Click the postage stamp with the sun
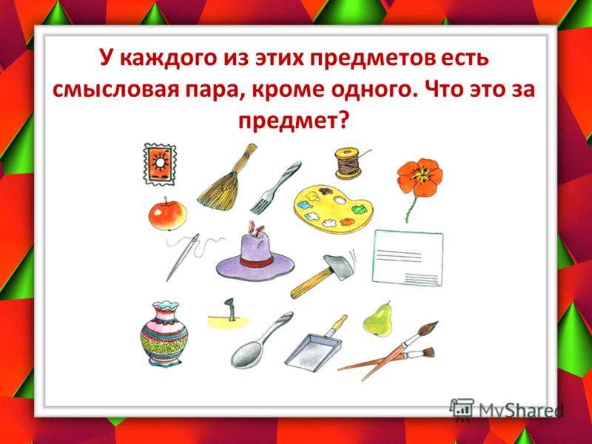pyautogui.click(x=160, y=164)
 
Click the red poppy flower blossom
pyautogui.click(x=420, y=178)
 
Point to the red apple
pyautogui.click(x=167, y=215)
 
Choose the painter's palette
pyautogui.click(x=334, y=209)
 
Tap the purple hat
pyautogui.click(x=255, y=258)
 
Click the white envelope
pyautogui.click(x=408, y=258)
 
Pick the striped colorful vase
pyautogui.click(x=164, y=334)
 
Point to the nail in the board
pyautogui.click(x=230, y=309)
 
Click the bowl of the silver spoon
pyautogui.click(x=245, y=356)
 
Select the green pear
pyautogui.click(x=377, y=320)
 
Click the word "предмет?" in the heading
pyautogui.click(x=292, y=121)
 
